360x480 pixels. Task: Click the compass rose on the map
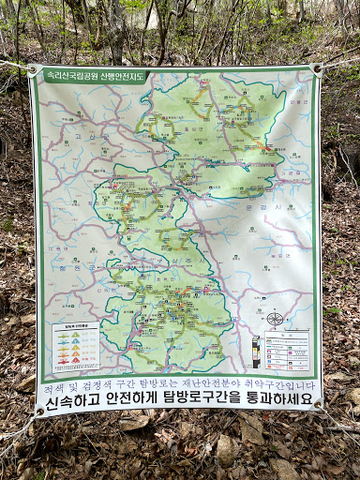click(275, 319)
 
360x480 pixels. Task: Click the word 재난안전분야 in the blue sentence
click(210, 386)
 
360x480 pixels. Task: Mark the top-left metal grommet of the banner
click(35, 69)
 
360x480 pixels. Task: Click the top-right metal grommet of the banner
click(317, 68)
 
